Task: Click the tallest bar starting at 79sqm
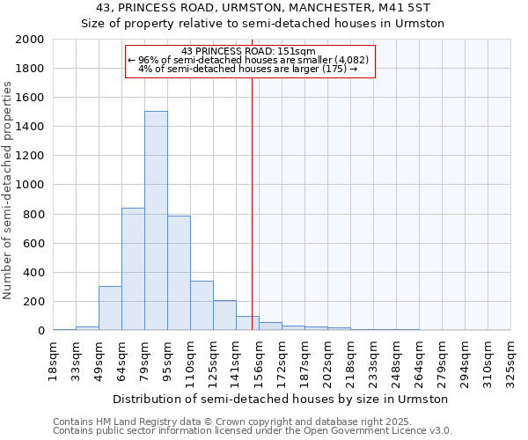coord(156,220)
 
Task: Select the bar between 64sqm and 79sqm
coord(133,268)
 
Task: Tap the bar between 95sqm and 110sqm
coord(179,273)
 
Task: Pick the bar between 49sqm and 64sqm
coord(110,308)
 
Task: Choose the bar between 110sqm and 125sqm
coord(202,305)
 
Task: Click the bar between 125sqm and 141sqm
coord(224,315)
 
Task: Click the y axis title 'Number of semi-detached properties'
coord(9,190)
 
